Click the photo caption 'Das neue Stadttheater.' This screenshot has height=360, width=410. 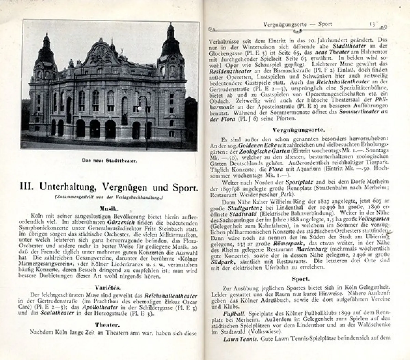pyautogui.click(x=109, y=161)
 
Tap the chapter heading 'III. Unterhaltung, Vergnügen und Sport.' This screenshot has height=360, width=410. pyautogui.click(x=109, y=187)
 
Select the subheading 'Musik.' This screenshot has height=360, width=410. pyautogui.click(x=109, y=208)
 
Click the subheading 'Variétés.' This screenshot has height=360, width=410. pyautogui.click(x=109, y=288)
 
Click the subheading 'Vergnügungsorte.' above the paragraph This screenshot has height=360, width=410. pyautogui.click(x=299, y=130)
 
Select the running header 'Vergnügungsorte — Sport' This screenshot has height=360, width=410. pyautogui.click(x=298, y=24)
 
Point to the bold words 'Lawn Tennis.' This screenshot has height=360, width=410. pyautogui.click(x=240, y=339)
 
